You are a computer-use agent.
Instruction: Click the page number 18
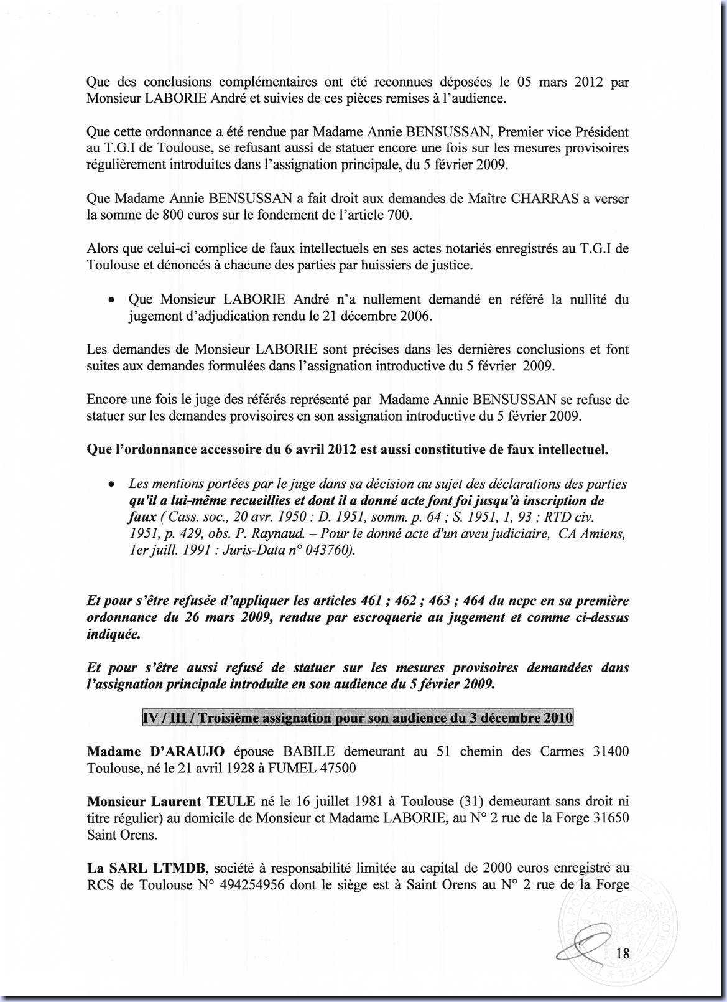[x=623, y=953]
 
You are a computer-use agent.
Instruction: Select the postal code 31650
[x=610, y=818]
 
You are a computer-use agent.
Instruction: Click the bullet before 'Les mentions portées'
[x=111, y=485]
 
